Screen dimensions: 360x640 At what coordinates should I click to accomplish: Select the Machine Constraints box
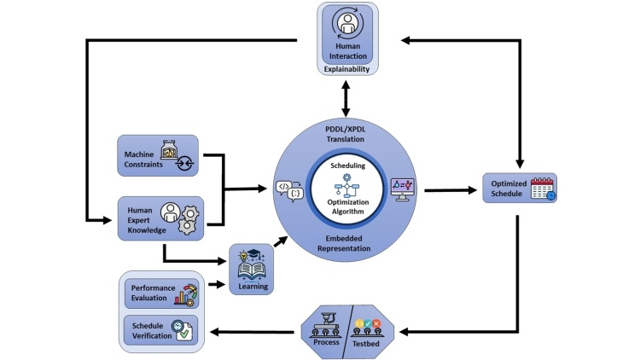coord(157,156)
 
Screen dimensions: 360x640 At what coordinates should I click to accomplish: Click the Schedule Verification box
coord(161,328)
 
